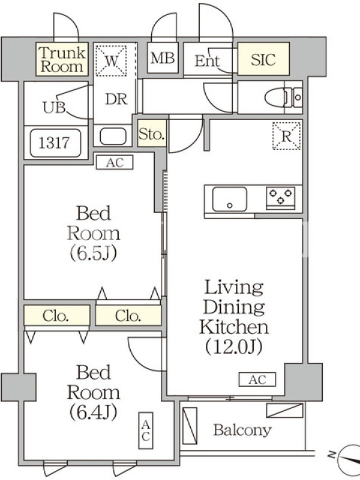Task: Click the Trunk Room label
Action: pyautogui.click(x=62, y=59)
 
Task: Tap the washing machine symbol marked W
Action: pyautogui.click(x=111, y=61)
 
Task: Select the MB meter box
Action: pyautogui.click(x=163, y=58)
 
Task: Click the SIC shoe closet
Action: pyautogui.click(x=263, y=59)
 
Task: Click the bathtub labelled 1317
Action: pyautogui.click(x=55, y=143)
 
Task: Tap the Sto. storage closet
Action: pyautogui.click(x=152, y=133)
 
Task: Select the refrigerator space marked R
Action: pyautogui.click(x=287, y=136)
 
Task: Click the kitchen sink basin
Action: pyautogui.click(x=230, y=199)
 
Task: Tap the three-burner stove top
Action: pyautogui.click(x=280, y=196)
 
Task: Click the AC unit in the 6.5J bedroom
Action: pyautogui.click(x=115, y=163)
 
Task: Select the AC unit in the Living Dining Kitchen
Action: pyautogui.click(x=257, y=380)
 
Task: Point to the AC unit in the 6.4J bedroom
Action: pyautogui.click(x=145, y=430)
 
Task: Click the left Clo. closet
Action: pyautogui.click(x=57, y=316)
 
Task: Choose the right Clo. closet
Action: pyautogui.click(x=128, y=316)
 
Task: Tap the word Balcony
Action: pyautogui.click(x=242, y=430)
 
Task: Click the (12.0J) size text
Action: pyautogui.click(x=233, y=347)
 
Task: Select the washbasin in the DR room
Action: pyautogui.click(x=113, y=136)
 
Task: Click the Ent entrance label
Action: pyautogui.click(x=207, y=61)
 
